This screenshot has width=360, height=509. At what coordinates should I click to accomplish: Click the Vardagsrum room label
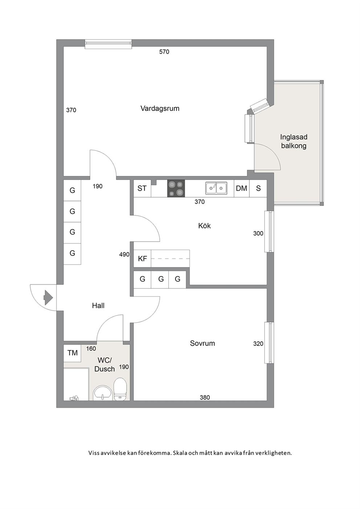tap(160, 108)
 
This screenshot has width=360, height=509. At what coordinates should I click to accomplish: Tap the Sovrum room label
tap(202, 343)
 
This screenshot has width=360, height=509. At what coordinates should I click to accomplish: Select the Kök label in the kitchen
tap(204, 226)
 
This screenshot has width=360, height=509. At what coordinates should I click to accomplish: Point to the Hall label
tap(98, 305)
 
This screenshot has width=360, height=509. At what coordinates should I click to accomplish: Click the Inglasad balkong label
tap(294, 141)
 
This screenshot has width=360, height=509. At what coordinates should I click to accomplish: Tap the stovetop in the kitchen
tap(176, 188)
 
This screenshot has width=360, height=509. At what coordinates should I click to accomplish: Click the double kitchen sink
tap(216, 188)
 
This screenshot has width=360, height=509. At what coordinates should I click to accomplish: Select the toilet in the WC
tap(120, 389)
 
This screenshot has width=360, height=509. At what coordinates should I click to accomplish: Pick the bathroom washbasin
tap(102, 393)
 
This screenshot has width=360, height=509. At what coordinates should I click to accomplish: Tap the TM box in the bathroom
tap(72, 353)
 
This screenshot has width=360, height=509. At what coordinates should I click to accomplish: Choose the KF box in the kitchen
tap(142, 259)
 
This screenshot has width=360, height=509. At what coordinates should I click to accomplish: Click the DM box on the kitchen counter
tap(242, 188)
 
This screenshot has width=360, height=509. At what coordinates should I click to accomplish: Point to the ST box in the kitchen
tap(142, 188)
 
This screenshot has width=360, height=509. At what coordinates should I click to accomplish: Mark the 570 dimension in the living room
tap(164, 52)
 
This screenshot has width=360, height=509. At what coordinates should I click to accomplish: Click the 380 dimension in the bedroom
tap(205, 397)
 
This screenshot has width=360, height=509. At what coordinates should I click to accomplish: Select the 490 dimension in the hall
tap(124, 255)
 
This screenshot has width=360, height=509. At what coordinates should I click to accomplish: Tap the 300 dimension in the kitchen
tap(258, 233)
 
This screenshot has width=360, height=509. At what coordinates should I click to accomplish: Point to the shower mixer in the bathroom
tap(74, 398)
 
